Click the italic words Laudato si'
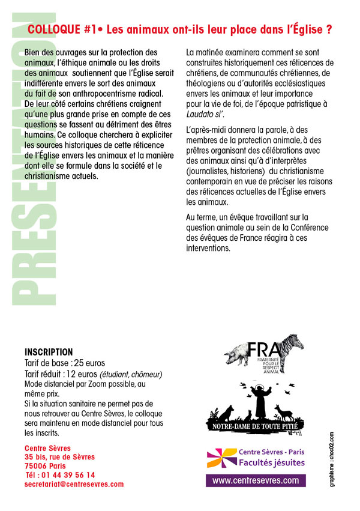click(208, 114)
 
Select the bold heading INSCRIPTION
click(49, 352)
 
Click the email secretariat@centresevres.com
click(74, 484)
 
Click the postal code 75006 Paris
click(45, 465)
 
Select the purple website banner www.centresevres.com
click(256, 480)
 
